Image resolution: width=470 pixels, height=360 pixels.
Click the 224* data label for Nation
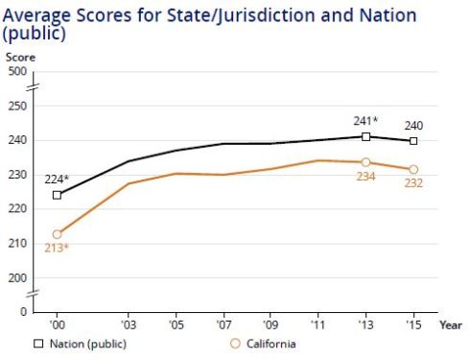coord(56,179)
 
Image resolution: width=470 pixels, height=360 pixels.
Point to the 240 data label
coord(413,126)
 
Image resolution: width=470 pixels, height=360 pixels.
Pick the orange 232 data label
coord(413,184)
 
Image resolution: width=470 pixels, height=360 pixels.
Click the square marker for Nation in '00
coord(58,195)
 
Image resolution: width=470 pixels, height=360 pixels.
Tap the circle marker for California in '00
coord(58,234)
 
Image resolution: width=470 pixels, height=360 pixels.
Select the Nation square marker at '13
coord(366,137)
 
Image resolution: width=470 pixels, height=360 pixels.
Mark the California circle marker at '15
coord(413,169)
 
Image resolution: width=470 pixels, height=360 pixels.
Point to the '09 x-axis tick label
coord(271,325)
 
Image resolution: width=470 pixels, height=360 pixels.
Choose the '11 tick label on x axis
coord(318,325)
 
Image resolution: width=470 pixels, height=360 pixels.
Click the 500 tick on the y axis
coord(17,71)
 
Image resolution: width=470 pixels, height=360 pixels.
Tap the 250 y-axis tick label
coord(17,106)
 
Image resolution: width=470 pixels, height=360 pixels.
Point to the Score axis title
coord(20,58)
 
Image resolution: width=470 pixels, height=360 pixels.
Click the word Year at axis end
coord(451,325)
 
